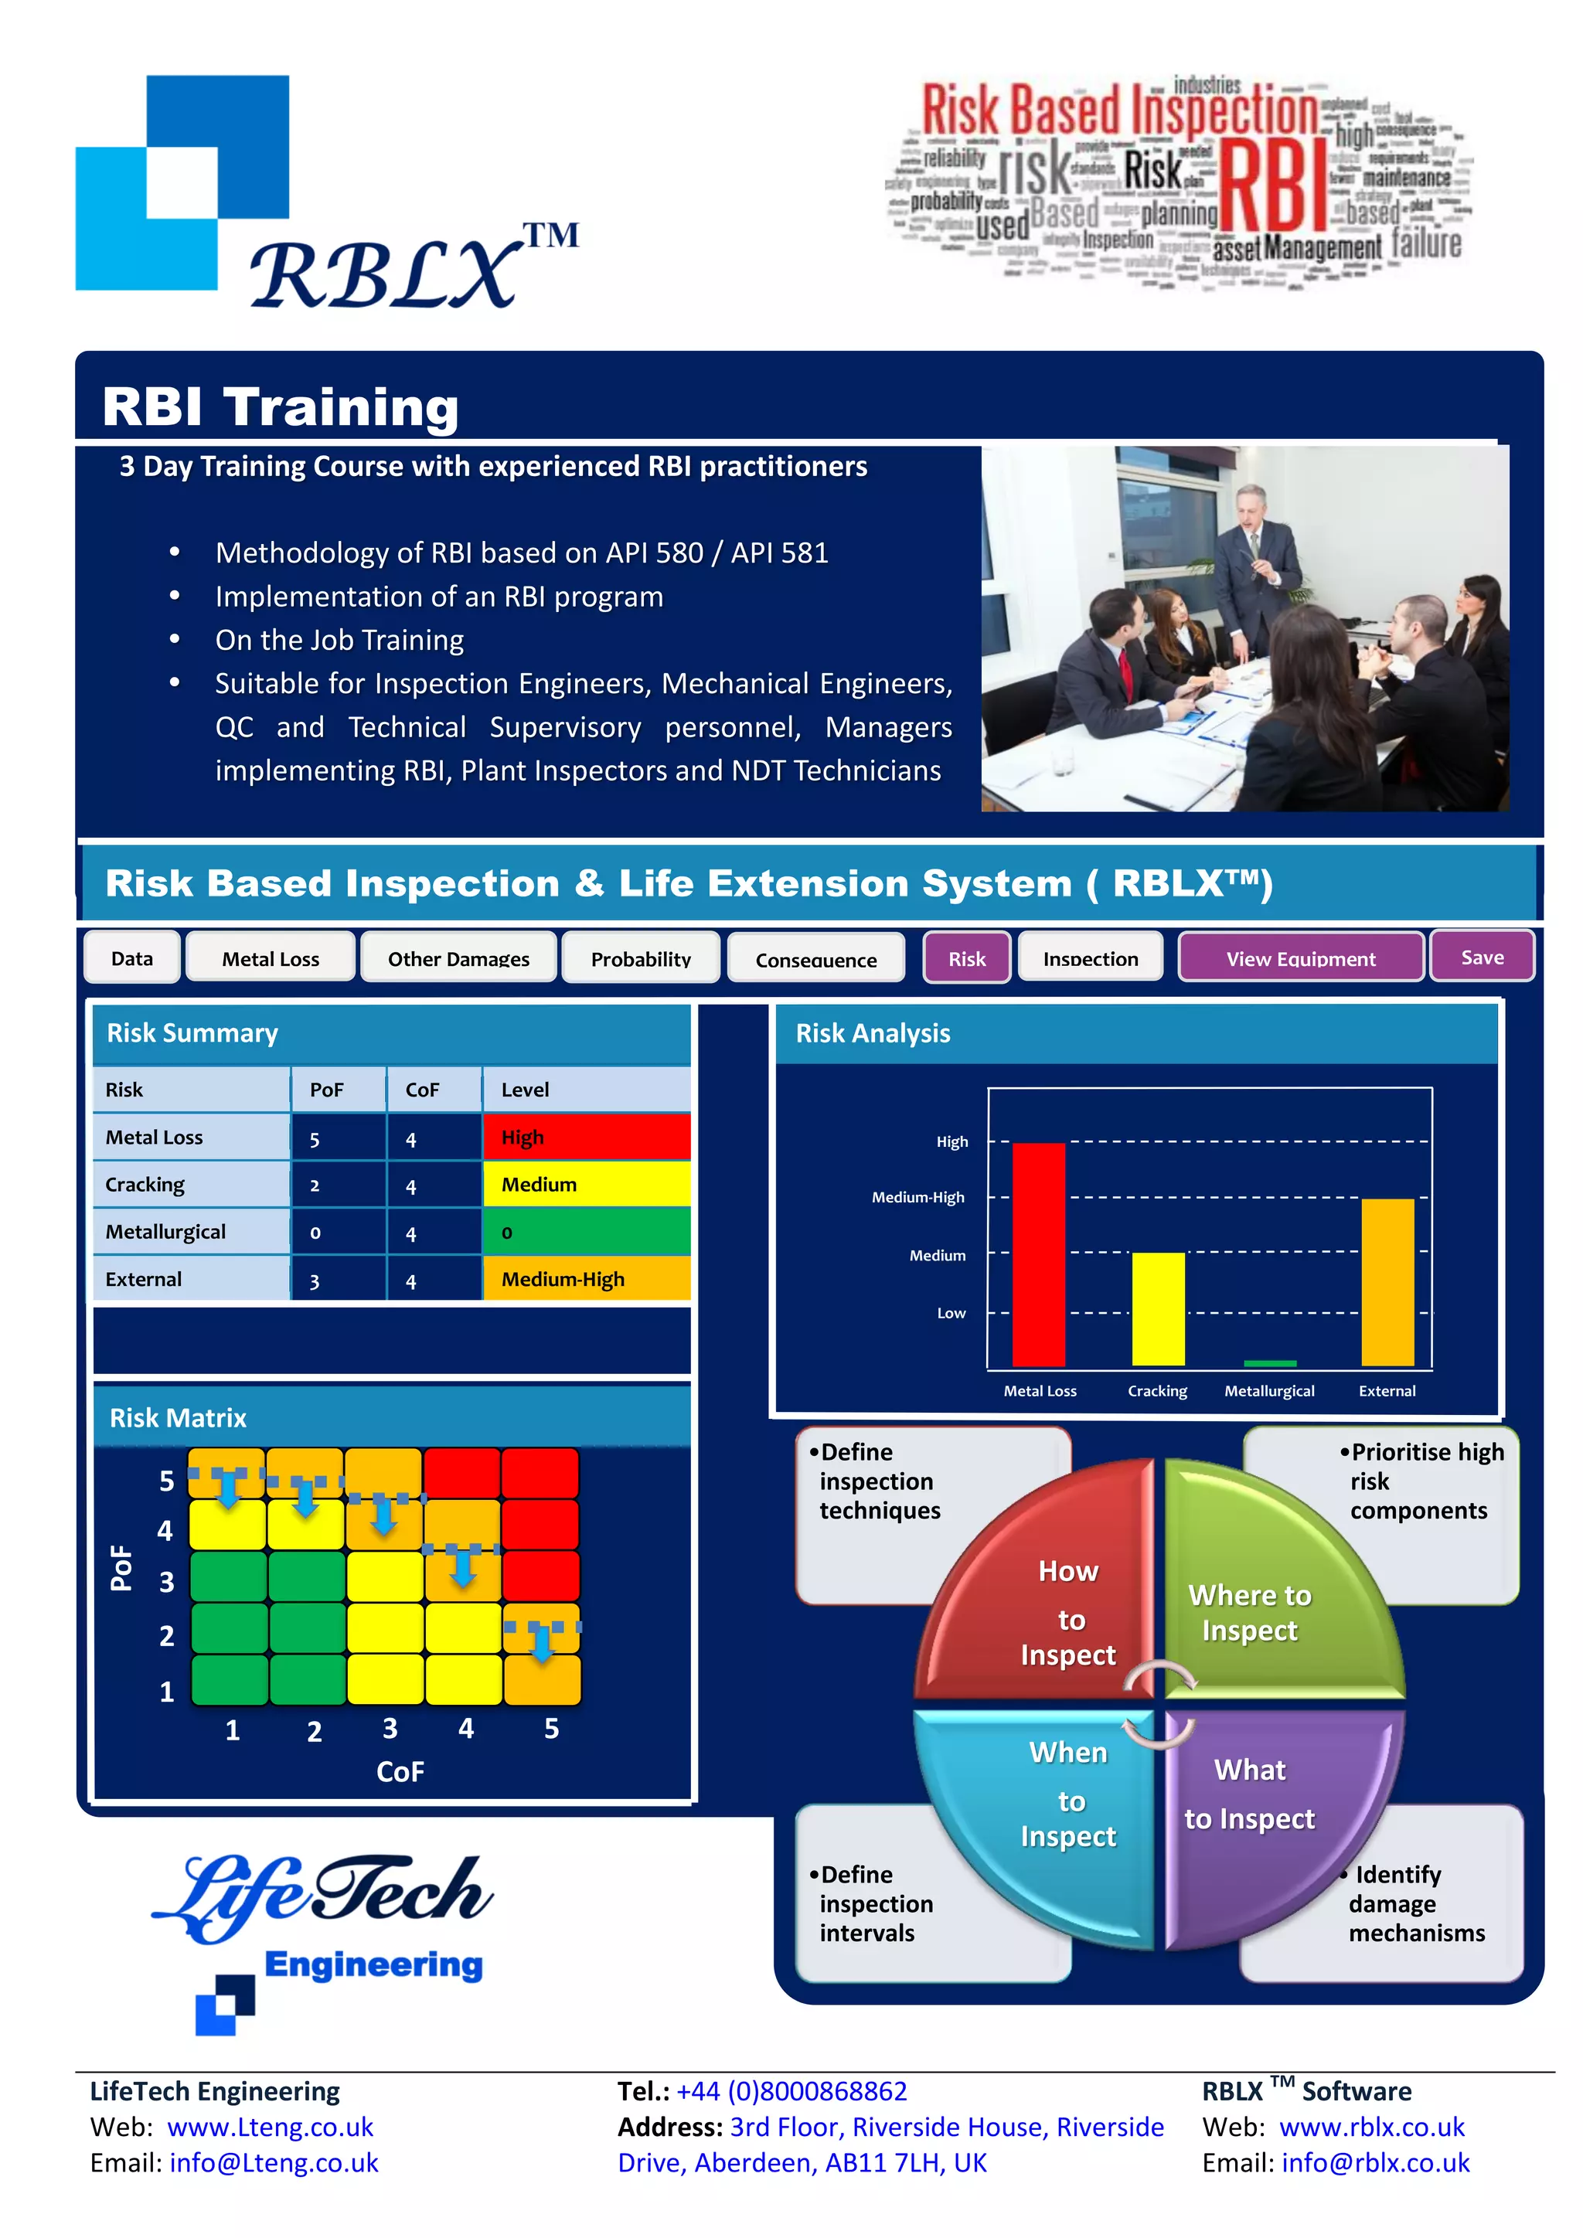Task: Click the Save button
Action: pos(1481,957)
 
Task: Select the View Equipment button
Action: pos(1300,958)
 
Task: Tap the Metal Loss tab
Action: pos(270,958)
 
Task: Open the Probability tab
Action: pos(641,958)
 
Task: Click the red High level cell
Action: pos(586,1138)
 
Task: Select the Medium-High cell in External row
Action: pos(586,1279)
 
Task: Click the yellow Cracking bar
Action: pos(1158,1309)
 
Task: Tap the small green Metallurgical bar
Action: pos(1269,1362)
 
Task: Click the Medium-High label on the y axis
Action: pos(917,1197)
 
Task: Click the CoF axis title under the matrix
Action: pos(400,1771)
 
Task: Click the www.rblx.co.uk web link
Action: pos(1370,2127)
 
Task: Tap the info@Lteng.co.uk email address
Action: pos(274,2163)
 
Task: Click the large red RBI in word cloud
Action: pos(1272,185)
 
